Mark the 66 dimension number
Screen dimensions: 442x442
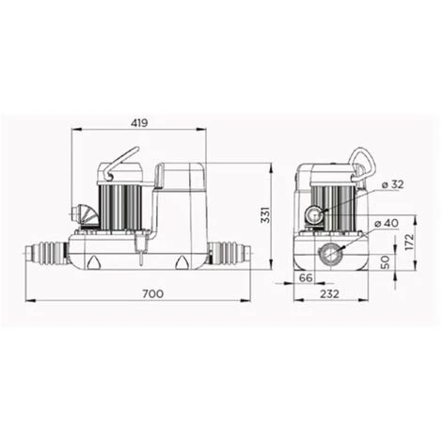click(306, 278)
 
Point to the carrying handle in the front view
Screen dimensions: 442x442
click(121, 161)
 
